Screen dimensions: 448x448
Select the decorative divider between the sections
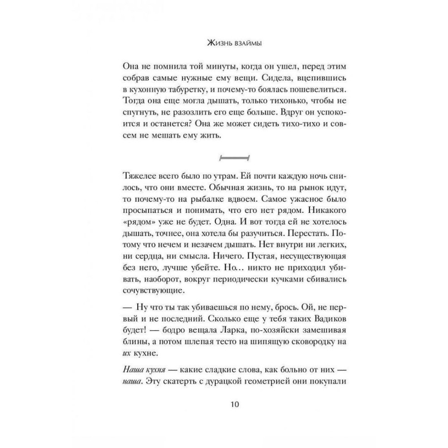[x=233, y=158]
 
